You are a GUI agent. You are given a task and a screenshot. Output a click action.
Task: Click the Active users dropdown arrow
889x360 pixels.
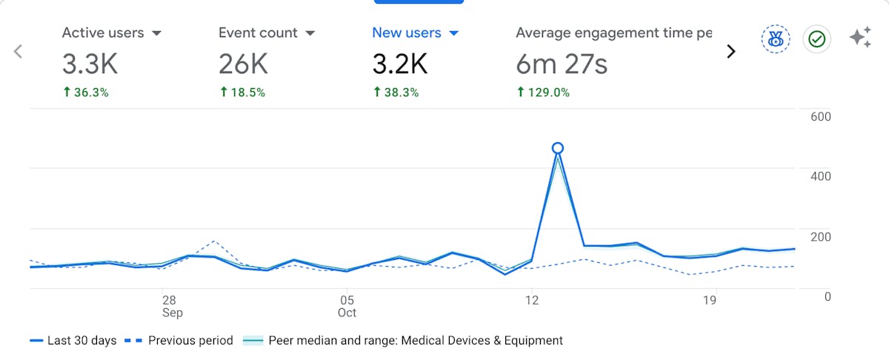pos(156,33)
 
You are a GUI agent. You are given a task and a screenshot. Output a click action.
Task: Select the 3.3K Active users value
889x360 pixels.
pos(90,64)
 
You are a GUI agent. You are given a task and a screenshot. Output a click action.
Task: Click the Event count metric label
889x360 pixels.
pos(258,33)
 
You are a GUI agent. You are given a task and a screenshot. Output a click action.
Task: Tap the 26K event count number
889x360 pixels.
pos(243,64)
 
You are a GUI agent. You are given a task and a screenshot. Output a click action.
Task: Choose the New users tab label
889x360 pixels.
pos(406,33)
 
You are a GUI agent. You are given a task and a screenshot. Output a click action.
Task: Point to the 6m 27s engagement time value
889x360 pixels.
pos(562,64)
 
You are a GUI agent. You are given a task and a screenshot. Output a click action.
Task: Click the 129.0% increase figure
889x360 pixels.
pos(543,93)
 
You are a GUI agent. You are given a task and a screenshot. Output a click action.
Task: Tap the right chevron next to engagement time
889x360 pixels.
pos(731,51)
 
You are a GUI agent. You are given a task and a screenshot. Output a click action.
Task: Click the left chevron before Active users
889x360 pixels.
pos(19,51)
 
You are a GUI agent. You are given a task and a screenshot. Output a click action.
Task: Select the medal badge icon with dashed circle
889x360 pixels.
pos(776,39)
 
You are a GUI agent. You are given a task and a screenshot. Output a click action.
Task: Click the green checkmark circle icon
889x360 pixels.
pos(817,39)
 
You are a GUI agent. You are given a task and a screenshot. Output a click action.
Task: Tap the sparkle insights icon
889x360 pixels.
pos(860,38)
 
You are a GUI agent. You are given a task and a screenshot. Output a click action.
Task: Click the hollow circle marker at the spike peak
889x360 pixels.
pos(558,148)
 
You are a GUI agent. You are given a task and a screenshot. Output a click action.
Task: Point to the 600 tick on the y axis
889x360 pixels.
pos(821,116)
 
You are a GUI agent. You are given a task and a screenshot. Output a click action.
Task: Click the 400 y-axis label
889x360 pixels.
pos(821,176)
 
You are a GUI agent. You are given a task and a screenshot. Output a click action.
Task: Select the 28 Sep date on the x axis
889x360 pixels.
pos(170,306)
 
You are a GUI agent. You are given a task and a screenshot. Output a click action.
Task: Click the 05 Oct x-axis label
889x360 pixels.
pos(347,306)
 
